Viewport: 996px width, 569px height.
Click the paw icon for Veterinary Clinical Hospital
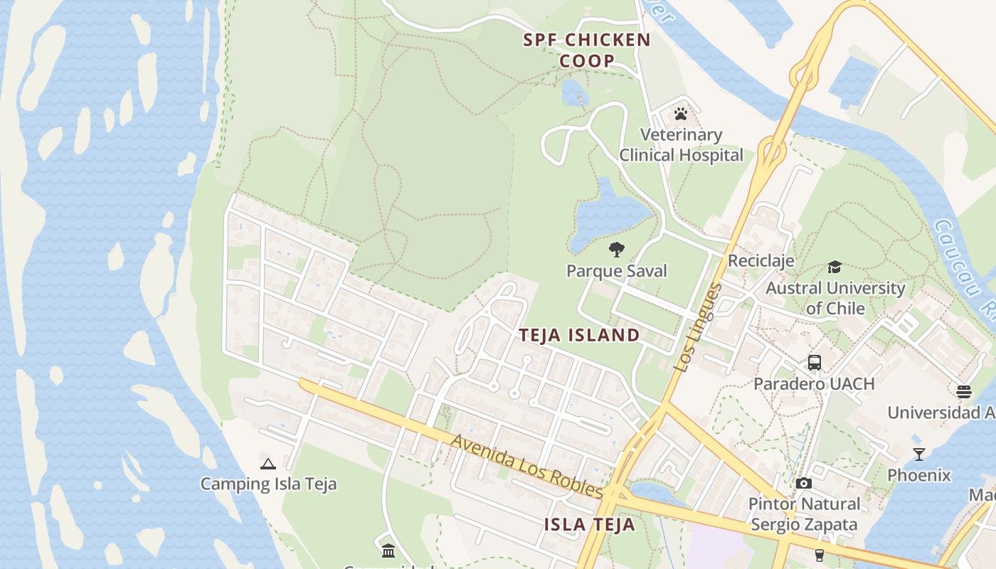[681, 114]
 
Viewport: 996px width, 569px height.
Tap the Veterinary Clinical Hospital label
[681, 145]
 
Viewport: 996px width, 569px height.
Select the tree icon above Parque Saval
[617, 250]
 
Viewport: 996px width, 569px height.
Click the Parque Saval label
[617, 271]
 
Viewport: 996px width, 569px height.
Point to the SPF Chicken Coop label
[587, 50]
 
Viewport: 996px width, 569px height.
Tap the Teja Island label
[579, 335]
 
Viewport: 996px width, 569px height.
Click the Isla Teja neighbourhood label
[589, 525]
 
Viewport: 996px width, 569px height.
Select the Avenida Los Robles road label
[526, 467]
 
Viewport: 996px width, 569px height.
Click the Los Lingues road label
[698, 327]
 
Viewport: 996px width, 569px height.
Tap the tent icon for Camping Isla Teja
[268, 464]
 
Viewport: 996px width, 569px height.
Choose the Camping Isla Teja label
[268, 484]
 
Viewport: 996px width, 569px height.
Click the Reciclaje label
[761, 260]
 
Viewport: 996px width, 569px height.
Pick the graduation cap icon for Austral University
[835, 267]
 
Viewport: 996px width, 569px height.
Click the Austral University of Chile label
[835, 298]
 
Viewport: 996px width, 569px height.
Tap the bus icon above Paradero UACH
[815, 363]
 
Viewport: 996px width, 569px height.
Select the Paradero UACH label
[814, 383]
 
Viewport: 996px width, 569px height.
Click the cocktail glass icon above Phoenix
[919, 454]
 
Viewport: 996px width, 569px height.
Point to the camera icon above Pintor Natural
[804, 484]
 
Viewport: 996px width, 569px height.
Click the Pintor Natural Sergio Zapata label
[804, 514]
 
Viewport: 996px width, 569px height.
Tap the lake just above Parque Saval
[608, 213]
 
